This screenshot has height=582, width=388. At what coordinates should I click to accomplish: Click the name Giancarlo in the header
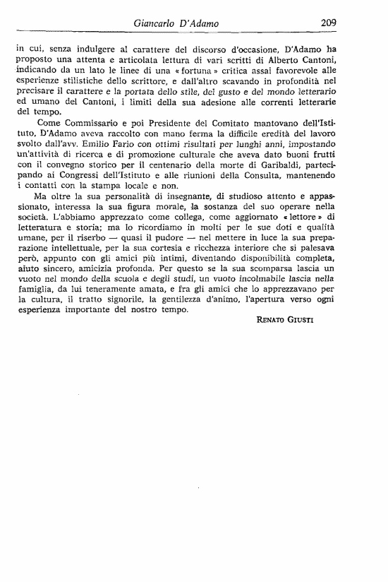click(x=157, y=23)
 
